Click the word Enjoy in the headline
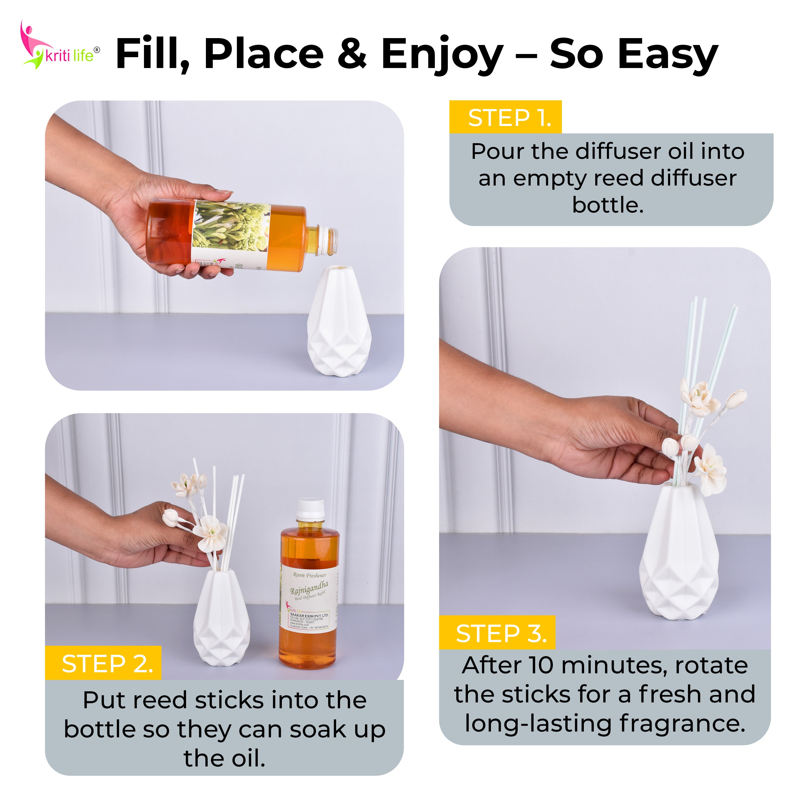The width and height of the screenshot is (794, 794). [x=442, y=55]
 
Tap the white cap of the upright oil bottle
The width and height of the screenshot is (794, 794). [x=311, y=508]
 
